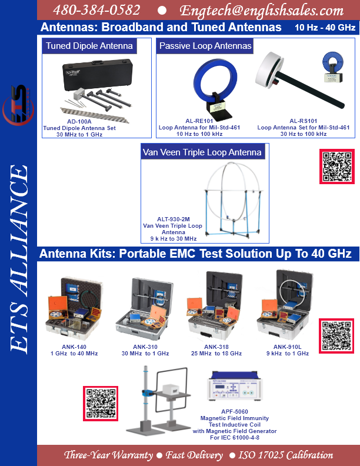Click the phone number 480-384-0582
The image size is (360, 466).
(x=96, y=10)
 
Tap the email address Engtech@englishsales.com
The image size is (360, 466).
(x=261, y=11)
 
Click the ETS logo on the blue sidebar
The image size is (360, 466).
(x=18, y=105)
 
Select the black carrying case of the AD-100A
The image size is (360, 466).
(x=97, y=74)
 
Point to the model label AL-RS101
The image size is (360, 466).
(x=304, y=121)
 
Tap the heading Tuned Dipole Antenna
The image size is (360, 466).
(x=89, y=46)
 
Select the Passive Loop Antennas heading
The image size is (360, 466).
(x=205, y=46)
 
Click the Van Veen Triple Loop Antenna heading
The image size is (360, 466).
(x=202, y=152)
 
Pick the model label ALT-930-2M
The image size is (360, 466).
(x=174, y=219)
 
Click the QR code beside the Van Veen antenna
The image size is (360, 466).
(x=337, y=167)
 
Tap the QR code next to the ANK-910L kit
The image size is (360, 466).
(x=336, y=336)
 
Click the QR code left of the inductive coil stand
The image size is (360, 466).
(x=101, y=403)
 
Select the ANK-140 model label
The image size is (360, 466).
(x=74, y=347)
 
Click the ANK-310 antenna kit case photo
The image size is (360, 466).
(x=145, y=308)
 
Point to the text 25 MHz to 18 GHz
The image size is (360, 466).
(x=216, y=354)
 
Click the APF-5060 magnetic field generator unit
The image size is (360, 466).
(x=235, y=385)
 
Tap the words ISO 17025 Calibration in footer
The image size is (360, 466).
(x=286, y=455)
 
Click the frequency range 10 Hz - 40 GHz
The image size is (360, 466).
(x=325, y=28)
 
